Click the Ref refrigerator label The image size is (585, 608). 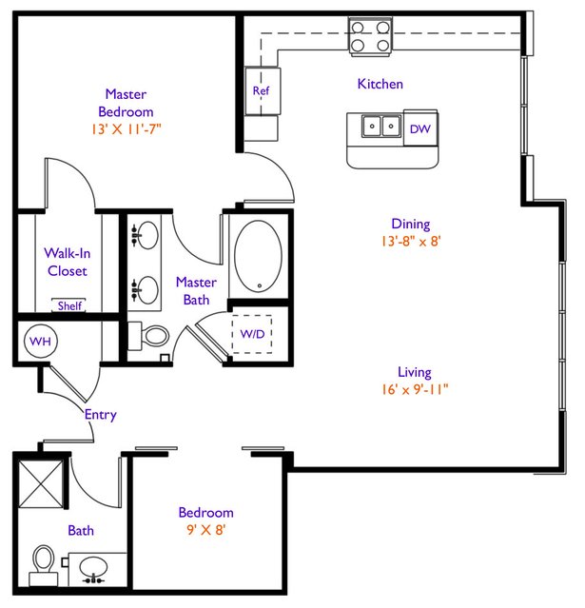(x=261, y=90)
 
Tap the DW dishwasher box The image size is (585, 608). (x=420, y=127)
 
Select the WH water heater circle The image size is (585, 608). (x=40, y=342)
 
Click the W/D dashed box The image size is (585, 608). (x=252, y=334)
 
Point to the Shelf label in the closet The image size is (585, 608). (x=69, y=306)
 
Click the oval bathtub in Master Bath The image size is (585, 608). (x=258, y=256)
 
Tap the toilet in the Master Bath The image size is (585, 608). (x=148, y=336)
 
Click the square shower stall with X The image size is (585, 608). (x=41, y=483)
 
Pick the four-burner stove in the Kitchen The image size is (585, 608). (x=370, y=36)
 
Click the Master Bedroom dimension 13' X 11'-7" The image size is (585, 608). (x=126, y=129)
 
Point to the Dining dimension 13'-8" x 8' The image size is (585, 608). (x=411, y=241)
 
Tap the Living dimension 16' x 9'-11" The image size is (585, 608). (x=415, y=389)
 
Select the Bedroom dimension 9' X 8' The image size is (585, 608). (x=206, y=530)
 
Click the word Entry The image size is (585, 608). (x=101, y=415)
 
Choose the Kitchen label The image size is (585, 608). (x=380, y=84)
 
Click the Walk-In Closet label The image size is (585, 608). (x=68, y=262)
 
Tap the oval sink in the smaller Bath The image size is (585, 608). (x=93, y=568)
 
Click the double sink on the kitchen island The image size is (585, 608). (x=381, y=126)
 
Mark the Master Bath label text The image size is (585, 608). (x=196, y=291)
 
